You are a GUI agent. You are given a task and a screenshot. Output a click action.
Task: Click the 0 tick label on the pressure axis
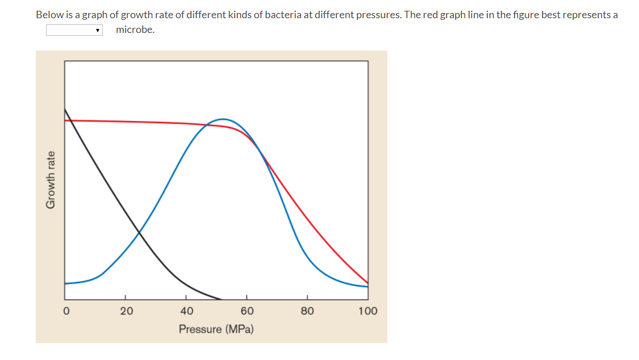[66, 311]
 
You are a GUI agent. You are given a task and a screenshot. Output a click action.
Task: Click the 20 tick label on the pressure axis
[126, 311]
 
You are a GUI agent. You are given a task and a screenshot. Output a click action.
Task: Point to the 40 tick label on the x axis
[186, 311]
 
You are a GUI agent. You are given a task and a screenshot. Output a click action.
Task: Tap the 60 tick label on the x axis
[247, 311]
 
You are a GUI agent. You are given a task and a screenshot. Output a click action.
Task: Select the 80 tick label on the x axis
[307, 311]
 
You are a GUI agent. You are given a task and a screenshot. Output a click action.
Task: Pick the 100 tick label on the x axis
[367, 311]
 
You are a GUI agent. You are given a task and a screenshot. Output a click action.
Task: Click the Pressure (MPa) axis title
[216, 329]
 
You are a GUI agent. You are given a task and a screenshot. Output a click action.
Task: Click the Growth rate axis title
[51, 179]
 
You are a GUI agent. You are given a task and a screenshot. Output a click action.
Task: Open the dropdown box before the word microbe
[74, 30]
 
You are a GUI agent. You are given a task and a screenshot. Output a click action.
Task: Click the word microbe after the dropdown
[135, 30]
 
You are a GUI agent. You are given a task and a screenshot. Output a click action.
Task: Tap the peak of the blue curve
[223, 119]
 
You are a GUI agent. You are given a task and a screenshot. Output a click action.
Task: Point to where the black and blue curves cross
[139, 232]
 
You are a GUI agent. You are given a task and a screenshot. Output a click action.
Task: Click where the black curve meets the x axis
[220, 299]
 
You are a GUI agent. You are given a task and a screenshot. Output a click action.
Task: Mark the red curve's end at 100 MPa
[367, 283]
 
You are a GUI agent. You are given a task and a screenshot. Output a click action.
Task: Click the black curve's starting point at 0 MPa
[65, 109]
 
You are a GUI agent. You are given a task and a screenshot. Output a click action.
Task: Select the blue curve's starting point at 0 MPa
[65, 283]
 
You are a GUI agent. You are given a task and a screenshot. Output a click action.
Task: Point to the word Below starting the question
[48, 15]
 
